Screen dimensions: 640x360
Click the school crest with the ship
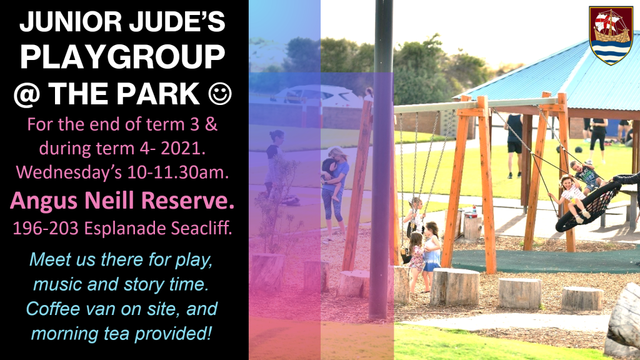(611, 36)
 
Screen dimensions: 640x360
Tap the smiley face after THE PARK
(220, 94)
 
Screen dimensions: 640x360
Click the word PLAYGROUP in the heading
(122, 57)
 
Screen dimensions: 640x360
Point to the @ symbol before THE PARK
(27, 94)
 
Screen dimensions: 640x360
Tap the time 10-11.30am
(177, 172)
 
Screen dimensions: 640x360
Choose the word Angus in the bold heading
(44, 201)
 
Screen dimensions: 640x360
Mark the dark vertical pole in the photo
(383, 159)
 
